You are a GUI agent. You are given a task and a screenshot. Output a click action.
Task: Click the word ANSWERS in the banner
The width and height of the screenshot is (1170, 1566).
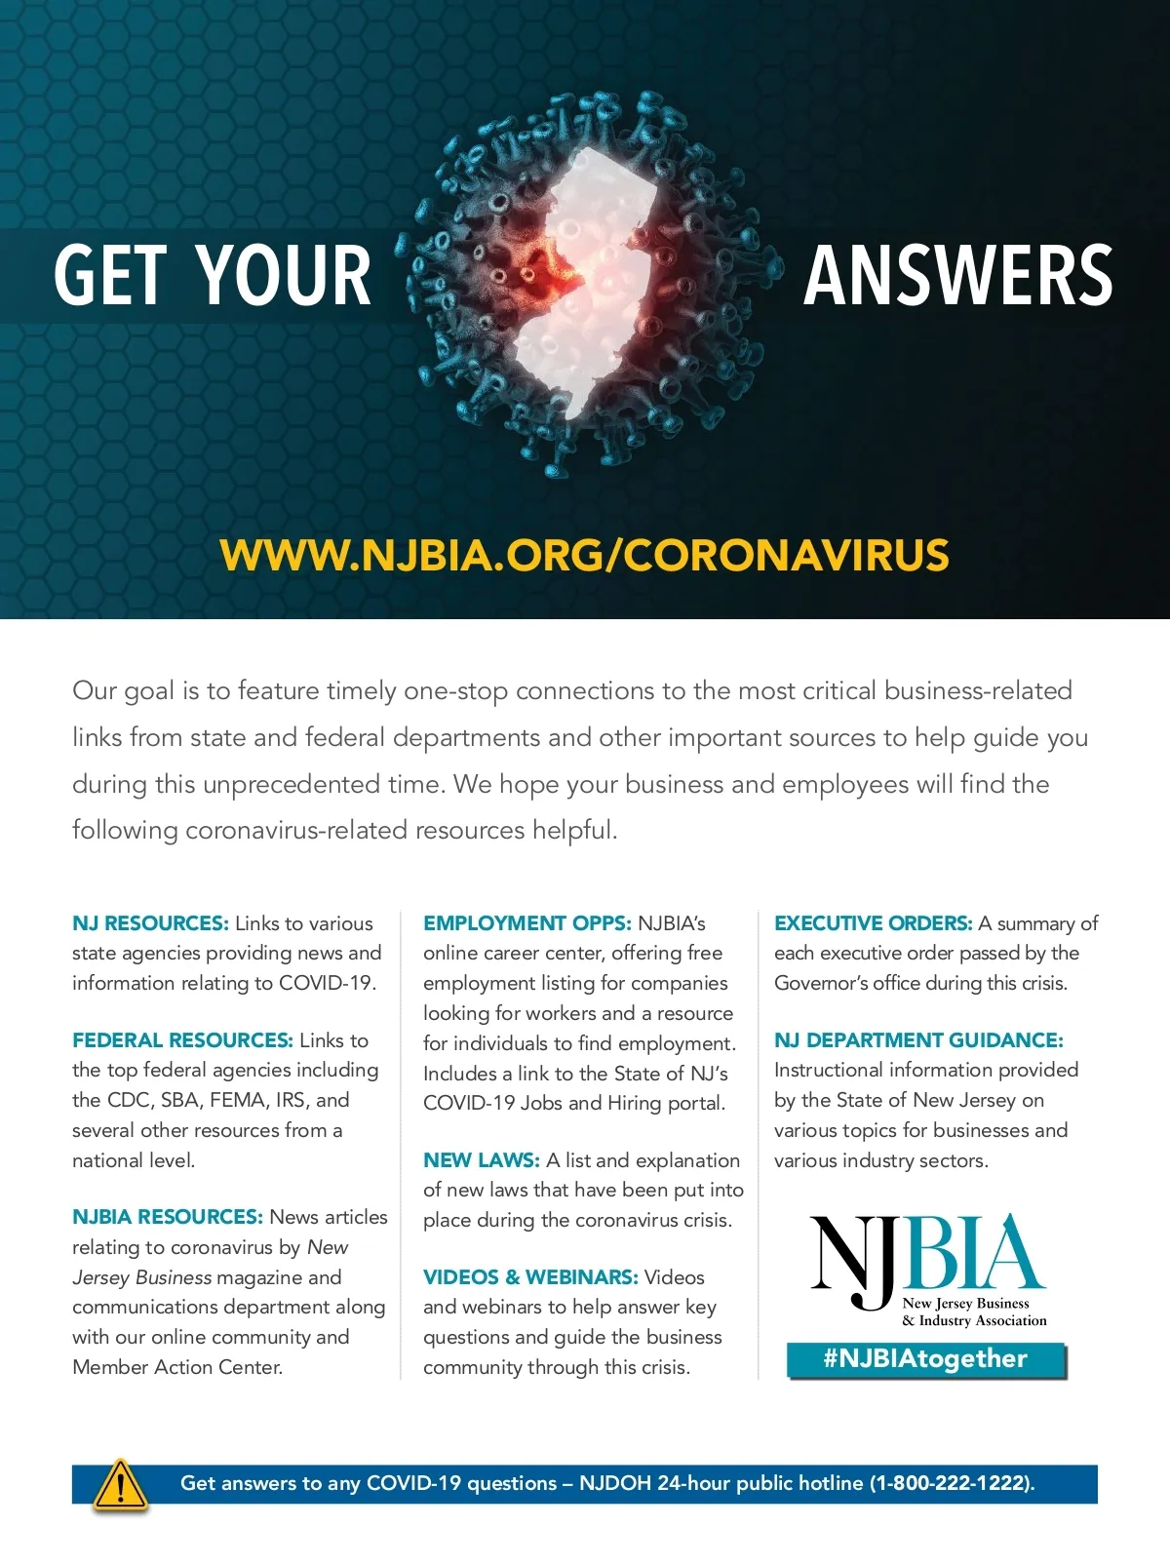957,276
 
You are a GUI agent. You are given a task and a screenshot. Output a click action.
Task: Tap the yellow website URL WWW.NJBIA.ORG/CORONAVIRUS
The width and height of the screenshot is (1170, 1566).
584,555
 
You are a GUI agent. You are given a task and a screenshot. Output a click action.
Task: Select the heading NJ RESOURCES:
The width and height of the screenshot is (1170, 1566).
150,923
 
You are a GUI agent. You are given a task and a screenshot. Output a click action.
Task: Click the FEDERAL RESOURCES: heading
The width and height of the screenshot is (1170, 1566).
182,1040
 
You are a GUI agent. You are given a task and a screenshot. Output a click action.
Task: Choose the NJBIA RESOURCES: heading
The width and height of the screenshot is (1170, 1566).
167,1217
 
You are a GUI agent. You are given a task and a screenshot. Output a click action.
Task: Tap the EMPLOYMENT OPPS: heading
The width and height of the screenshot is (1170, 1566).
527,923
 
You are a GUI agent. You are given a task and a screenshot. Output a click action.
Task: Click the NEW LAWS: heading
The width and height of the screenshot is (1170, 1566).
481,1160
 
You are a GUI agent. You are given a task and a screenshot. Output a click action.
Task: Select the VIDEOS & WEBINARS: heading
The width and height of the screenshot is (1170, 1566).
530,1277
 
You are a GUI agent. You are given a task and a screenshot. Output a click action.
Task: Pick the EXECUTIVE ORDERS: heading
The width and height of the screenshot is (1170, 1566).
873,923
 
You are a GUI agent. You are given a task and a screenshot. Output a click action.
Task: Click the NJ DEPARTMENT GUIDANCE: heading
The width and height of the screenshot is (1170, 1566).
918,1040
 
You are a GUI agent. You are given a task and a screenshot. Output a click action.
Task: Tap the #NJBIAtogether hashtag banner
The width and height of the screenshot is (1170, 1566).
925,1359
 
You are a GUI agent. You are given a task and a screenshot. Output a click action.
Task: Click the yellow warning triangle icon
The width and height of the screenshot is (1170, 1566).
120,1486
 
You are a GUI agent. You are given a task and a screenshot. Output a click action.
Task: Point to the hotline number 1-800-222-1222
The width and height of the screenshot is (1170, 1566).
951,1483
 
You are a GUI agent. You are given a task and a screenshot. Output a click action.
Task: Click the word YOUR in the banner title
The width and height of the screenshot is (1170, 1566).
284,276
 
